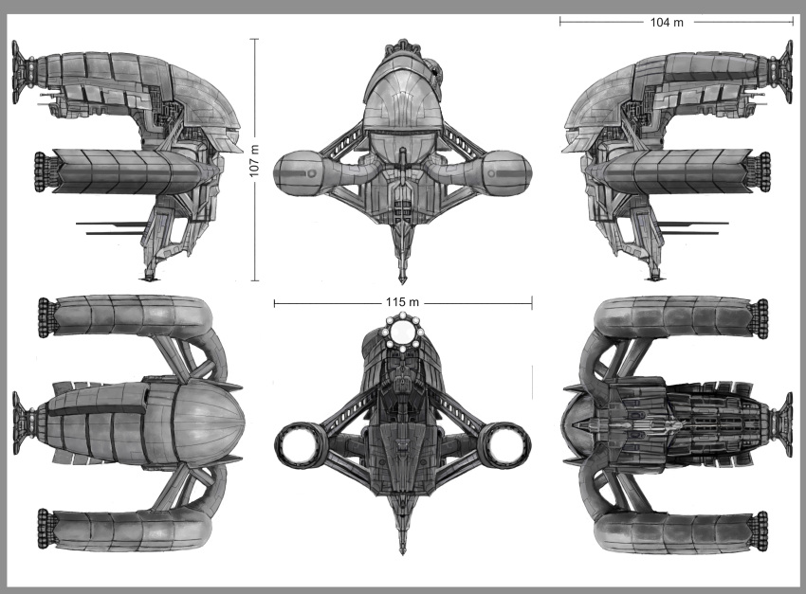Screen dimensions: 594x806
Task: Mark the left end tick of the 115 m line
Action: (x=274, y=303)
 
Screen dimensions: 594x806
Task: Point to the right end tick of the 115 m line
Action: (x=532, y=303)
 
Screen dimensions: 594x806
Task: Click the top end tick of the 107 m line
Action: (x=254, y=39)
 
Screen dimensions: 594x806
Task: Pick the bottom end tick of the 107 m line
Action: (x=254, y=281)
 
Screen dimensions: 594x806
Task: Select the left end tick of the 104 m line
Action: (x=559, y=21)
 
